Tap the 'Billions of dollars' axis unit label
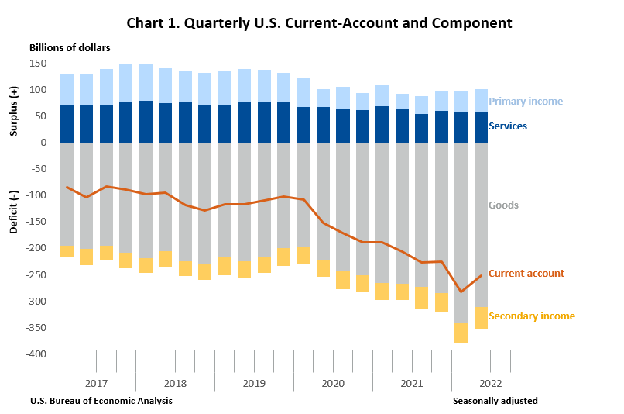[x=70, y=48]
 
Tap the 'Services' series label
[x=508, y=126]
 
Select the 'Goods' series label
[x=503, y=205]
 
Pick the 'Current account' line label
[x=526, y=274]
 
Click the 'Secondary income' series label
[x=531, y=316]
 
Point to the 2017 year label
[x=96, y=384]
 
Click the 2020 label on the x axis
[x=333, y=384]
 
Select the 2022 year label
[x=491, y=384]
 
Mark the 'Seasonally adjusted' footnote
[x=495, y=401]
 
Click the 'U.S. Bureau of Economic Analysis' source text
[x=101, y=401]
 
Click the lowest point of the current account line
[x=461, y=292]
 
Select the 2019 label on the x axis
[x=254, y=384]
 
